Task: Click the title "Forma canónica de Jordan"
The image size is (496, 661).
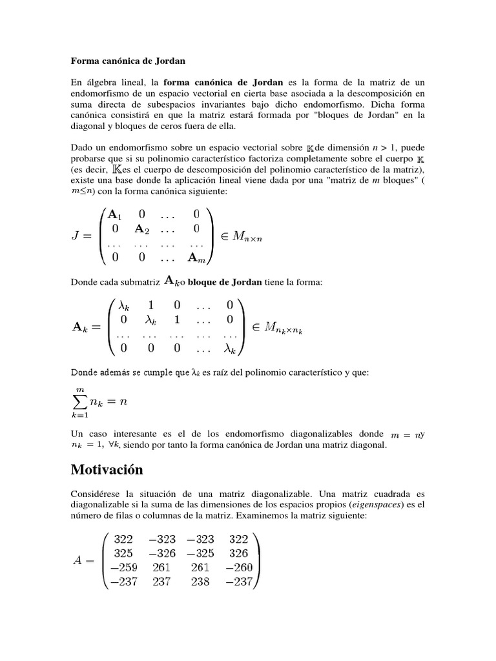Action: coord(128,61)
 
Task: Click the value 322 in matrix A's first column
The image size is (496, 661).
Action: coord(123,539)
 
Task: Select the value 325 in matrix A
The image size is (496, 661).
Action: coord(123,553)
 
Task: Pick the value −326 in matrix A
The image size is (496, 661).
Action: coord(163,553)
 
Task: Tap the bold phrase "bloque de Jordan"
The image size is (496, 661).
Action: coord(225,281)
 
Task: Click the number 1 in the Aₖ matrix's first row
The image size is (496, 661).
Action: coord(150,305)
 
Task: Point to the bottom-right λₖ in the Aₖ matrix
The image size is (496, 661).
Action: coord(229,349)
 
